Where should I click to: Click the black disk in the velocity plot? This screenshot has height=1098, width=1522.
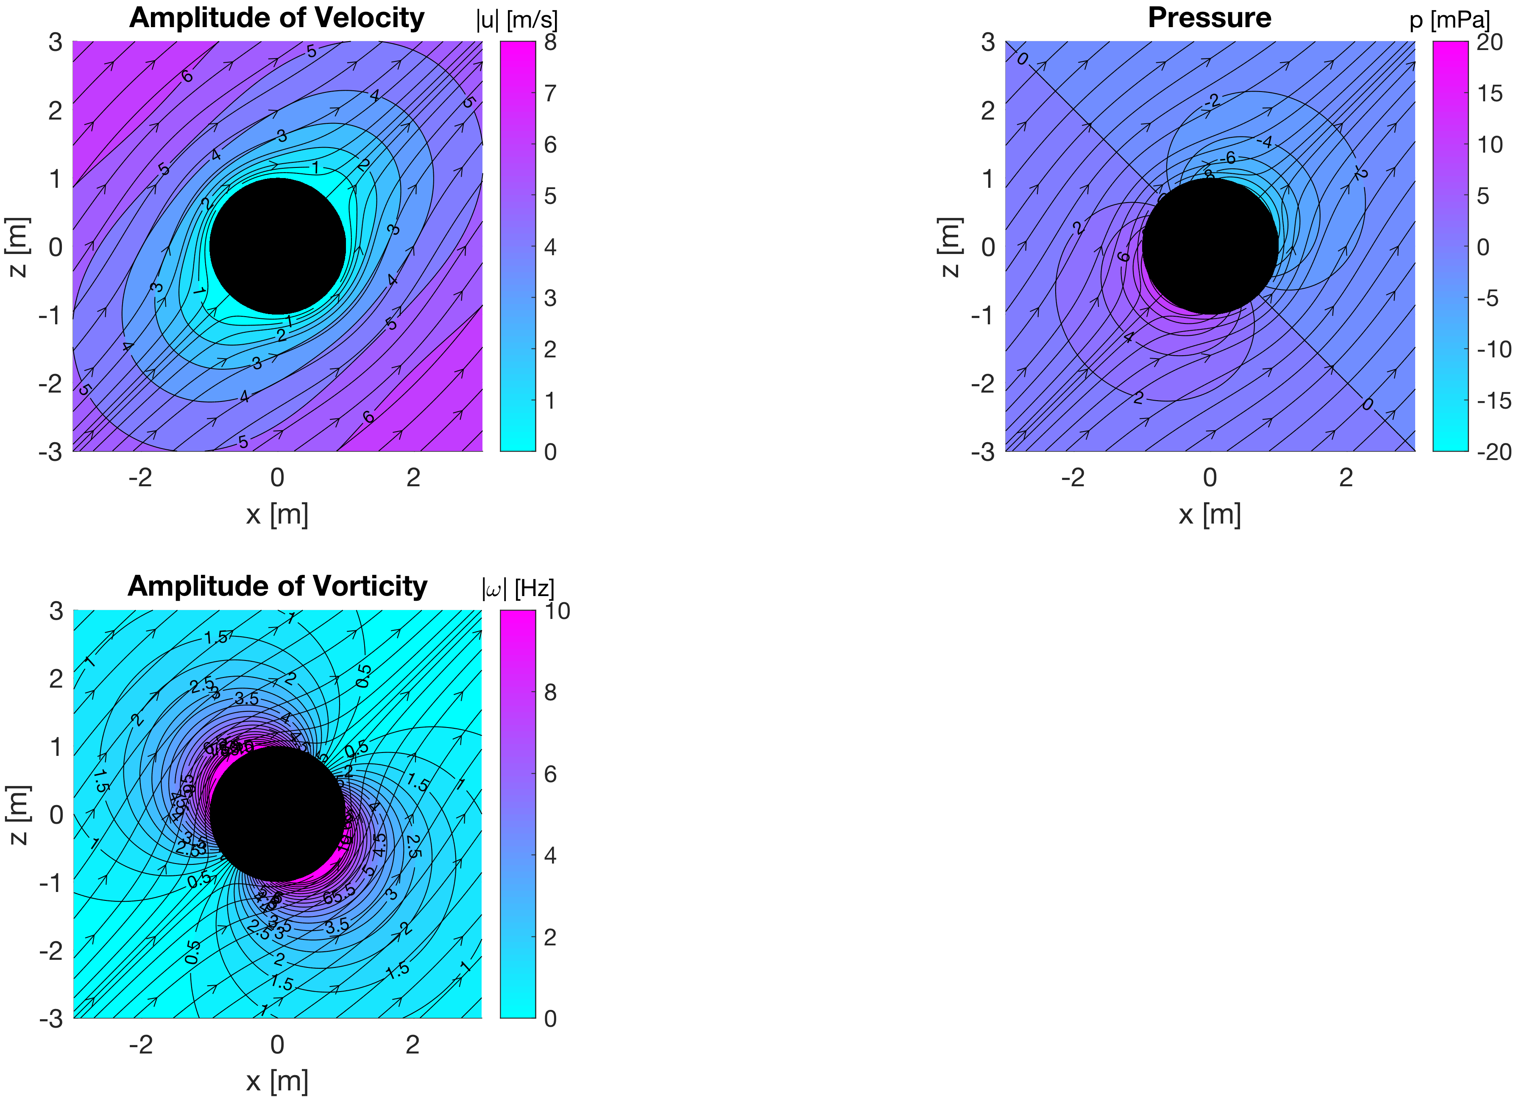pyautogui.click(x=277, y=246)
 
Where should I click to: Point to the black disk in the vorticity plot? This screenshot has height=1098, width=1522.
pyautogui.click(x=277, y=814)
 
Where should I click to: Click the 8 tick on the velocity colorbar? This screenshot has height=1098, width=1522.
pyautogui.click(x=550, y=42)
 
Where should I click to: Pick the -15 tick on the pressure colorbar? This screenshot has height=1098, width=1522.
pyautogui.click(x=1494, y=401)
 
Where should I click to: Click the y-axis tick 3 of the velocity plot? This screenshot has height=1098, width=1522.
pyautogui.click(x=56, y=42)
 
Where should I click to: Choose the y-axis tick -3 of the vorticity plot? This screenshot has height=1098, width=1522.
pyautogui.click(x=51, y=1019)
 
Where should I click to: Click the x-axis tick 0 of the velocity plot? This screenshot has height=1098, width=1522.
pyautogui.click(x=277, y=478)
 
